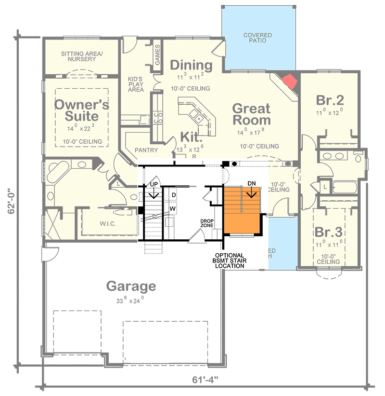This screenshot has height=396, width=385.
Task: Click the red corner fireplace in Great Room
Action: point(290,82)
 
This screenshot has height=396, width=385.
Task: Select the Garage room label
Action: point(131,286)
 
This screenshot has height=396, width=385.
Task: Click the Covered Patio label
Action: point(257,38)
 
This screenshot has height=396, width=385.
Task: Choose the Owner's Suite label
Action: point(81,110)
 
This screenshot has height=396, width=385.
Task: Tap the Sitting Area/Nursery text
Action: point(81,56)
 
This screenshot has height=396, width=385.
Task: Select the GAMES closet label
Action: point(157,55)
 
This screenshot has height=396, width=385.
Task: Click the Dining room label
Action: point(191,65)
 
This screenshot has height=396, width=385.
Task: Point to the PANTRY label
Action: point(146,150)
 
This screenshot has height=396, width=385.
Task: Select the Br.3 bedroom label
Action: point(329,231)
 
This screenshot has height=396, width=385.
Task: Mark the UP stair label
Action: point(154,185)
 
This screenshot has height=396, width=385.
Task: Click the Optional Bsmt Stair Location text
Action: point(229,260)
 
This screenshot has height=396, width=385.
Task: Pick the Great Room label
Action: point(251,114)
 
